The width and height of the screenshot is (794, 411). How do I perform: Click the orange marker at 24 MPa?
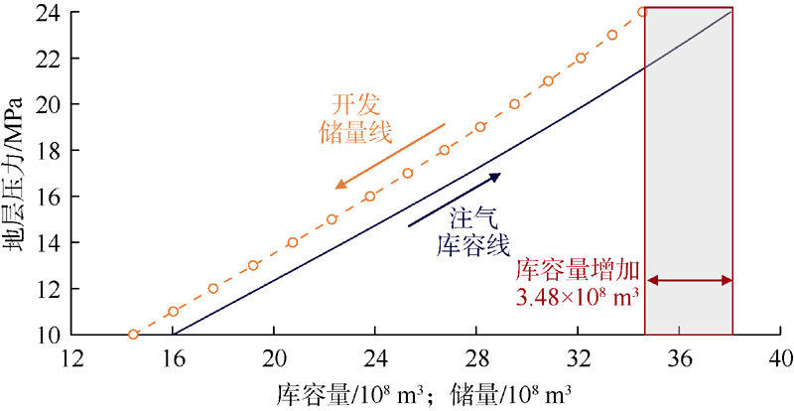pyautogui.click(x=642, y=12)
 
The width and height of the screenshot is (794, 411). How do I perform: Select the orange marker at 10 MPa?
pyautogui.click(x=134, y=335)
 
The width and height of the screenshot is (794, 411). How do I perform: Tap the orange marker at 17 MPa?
pyautogui.click(x=407, y=173)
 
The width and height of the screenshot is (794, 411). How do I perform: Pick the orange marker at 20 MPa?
pyautogui.click(x=514, y=103)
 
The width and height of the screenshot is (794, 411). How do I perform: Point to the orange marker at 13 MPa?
pyautogui.click(x=253, y=265)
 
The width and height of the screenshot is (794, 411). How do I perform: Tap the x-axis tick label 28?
pyautogui.click(x=476, y=356)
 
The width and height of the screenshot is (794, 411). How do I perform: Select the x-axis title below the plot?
pyautogui.click(x=424, y=392)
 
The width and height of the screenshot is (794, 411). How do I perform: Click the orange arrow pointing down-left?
pyautogui.click(x=390, y=155)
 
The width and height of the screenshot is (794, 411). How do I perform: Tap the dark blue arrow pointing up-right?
pyautogui.click(x=455, y=198)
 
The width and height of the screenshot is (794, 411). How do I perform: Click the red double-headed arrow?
pyautogui.click(x=689, y=281)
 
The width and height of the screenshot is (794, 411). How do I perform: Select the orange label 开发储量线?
pyautogui.click(x=356, y=118)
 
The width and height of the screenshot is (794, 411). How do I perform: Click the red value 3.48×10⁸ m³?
pyautogui.click(x=577, y=296)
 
